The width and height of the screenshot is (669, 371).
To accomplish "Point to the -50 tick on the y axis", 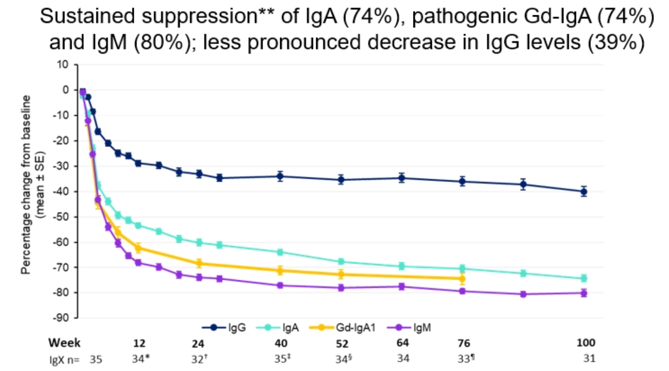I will coord(62,217).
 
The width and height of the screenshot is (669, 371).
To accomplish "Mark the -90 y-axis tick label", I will coord(62,319).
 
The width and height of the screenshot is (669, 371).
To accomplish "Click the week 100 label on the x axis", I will coord(585,343).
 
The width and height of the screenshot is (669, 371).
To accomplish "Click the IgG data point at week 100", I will coord(584,191).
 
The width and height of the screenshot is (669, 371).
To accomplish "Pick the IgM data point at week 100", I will coord(584,293).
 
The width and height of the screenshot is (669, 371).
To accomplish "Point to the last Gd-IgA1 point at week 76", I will coord(462,278).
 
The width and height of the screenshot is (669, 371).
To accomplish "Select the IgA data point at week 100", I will coord(584,278).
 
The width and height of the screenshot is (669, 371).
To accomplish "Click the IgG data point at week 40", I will coord(280,176).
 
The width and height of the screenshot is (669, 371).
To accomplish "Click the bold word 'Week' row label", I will coord(65,343).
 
